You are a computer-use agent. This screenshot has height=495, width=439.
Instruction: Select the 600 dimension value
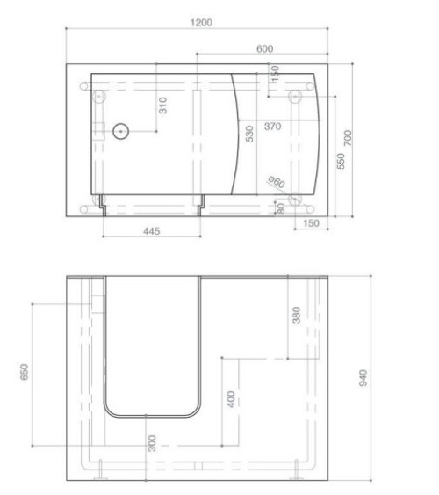coord(264,49)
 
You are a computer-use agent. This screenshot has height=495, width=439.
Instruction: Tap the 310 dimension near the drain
coord(162,106)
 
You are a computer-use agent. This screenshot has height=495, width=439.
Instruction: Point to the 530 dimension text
coord(249,134)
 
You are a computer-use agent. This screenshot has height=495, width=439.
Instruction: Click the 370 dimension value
coord(272,127)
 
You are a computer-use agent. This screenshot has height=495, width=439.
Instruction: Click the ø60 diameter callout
coord(276,183)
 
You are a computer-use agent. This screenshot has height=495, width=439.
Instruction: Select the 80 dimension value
coord(281,208)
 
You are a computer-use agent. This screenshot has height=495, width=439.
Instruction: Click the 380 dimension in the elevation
coord(296,315)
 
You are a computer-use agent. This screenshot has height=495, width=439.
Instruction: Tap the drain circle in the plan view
coord(120,132)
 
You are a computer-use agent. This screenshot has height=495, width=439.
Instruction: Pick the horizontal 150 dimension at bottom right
coord(311,224)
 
